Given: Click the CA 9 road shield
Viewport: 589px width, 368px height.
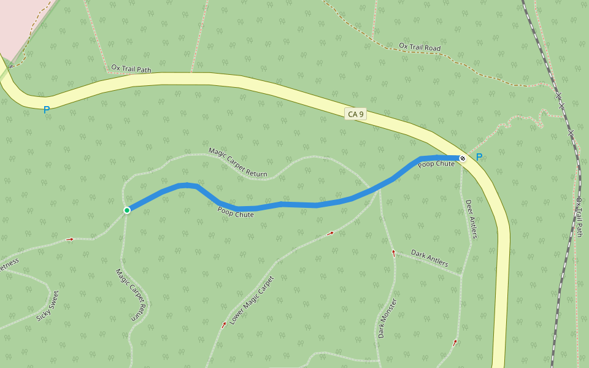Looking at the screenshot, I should coord(356,114).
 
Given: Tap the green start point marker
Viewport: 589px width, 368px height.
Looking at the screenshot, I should coord(127,210).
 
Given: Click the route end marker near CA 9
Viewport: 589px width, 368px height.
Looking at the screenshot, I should coord(463,159).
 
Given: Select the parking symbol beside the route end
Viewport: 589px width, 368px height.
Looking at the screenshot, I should coord(479,157).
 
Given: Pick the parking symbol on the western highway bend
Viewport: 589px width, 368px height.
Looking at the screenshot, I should coord(46,110).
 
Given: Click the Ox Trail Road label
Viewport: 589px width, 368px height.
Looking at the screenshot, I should coord(420,47).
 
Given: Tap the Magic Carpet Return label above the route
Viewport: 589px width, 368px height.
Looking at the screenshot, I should coord(238,163).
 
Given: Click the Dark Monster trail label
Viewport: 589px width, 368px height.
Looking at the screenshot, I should coord(387,318).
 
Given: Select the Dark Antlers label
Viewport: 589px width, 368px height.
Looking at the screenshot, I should coord(429,259).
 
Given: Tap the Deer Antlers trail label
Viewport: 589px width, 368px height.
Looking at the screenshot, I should coord(471,219).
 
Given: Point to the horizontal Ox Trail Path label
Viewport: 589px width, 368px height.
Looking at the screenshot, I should coord(131,69).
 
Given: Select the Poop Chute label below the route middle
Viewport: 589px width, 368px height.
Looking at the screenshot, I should coord(236,212).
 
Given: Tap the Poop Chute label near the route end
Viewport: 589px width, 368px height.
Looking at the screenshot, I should coord(436,164).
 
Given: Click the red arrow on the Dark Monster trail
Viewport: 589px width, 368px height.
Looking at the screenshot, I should coord(394,252).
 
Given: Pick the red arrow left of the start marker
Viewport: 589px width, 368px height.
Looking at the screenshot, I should coord(69,239).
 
